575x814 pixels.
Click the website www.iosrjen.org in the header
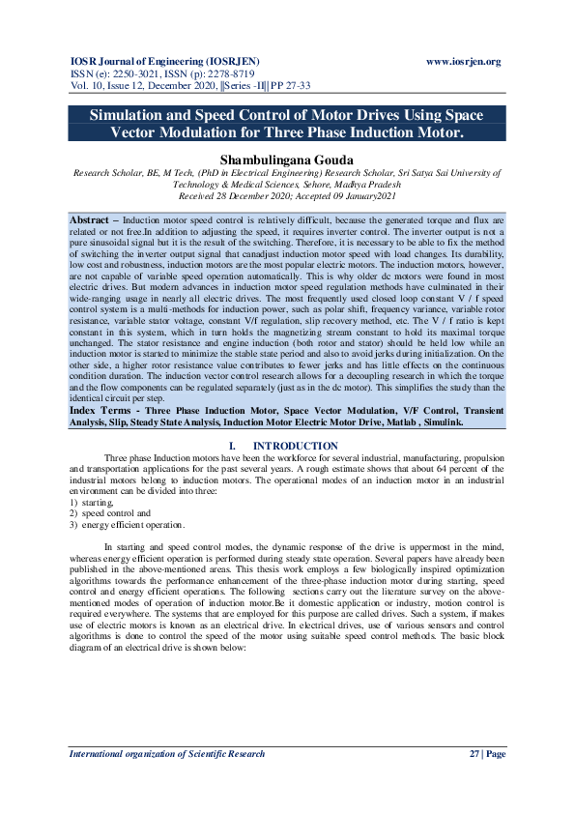pyautogui.click(x=464, y=62)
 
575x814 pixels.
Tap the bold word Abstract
pyautogui.click(x=88, y=220)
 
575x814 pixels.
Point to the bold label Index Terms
pyautogui.click(x=100, y=410)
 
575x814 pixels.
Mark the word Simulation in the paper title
pyautogui.click(x=132, y=114)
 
